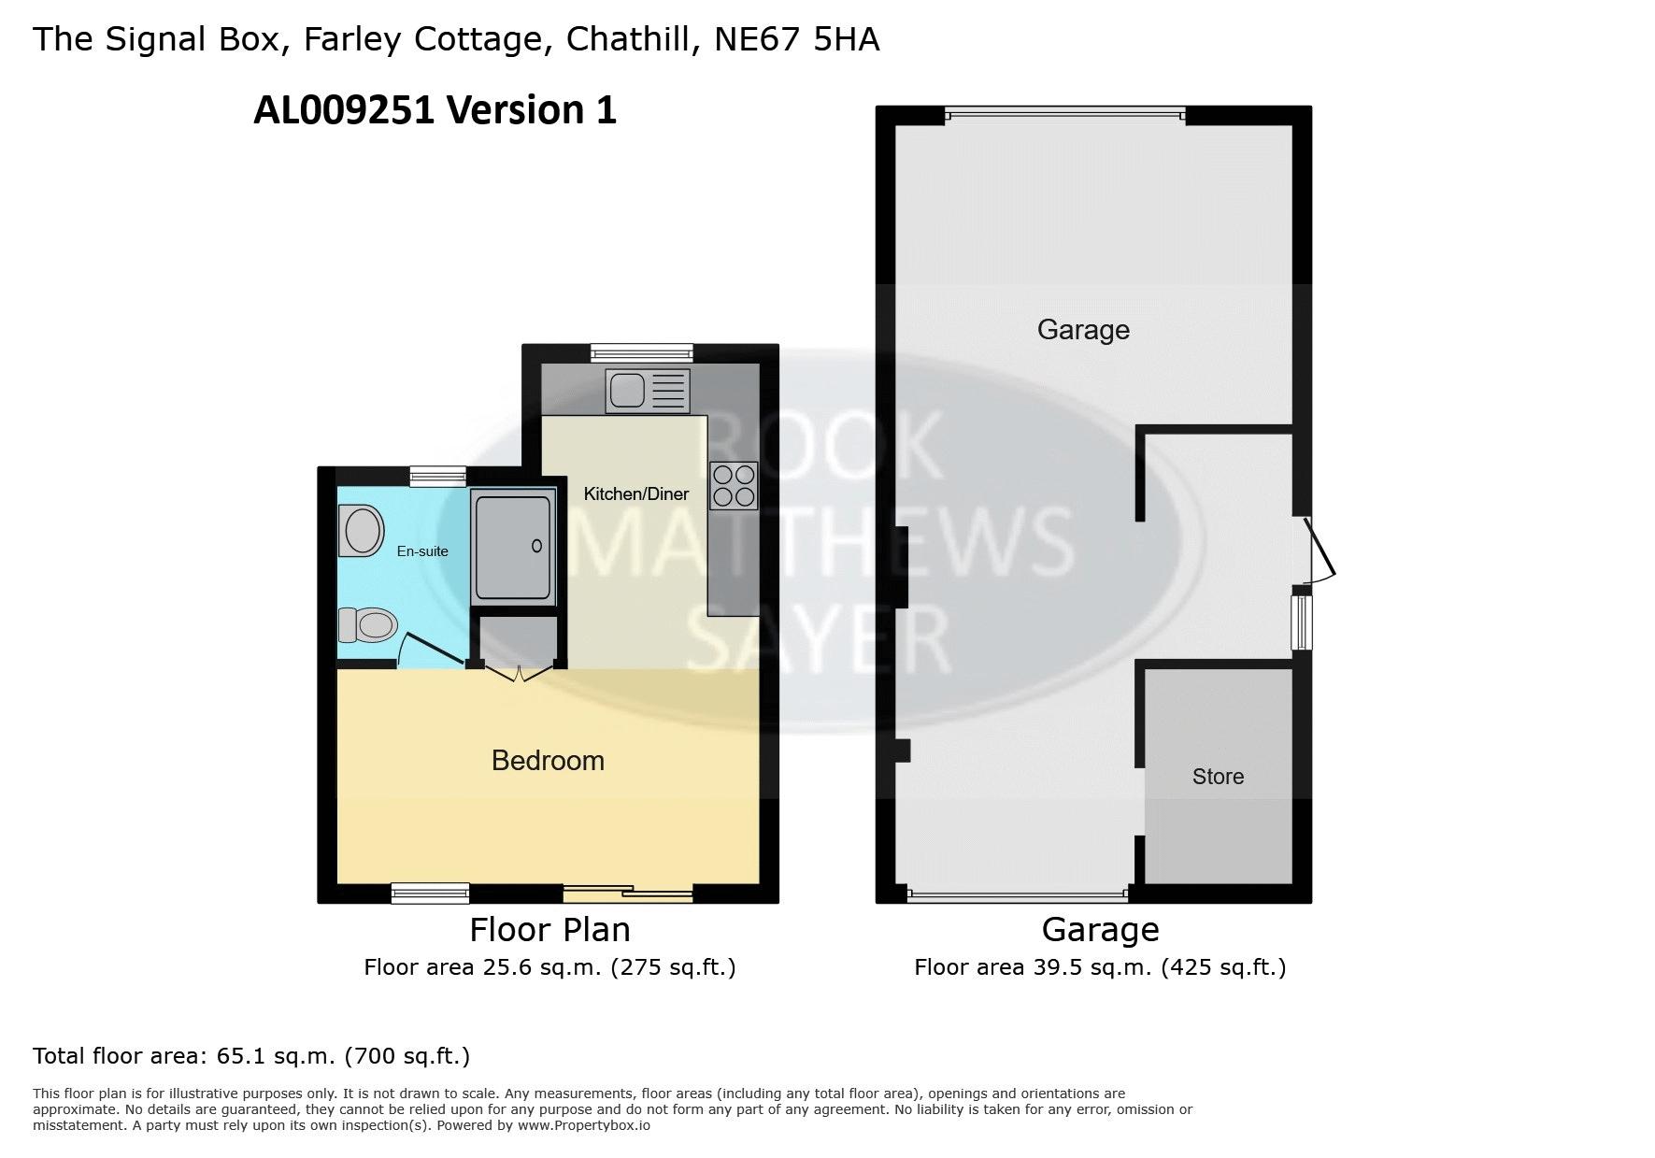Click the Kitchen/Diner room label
coord(635,493)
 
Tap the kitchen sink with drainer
coord(648,391)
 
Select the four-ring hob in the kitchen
coord(734,486)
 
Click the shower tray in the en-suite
coord(513,548)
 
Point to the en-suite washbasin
coord(363,532)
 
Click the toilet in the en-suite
coord(367,624)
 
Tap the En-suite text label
coord(422,551)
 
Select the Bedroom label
coord(548,761)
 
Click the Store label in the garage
coord(1218,777)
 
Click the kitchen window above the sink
coord(641,352)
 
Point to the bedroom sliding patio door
coord(628,894)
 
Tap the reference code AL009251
coord(344,110)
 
